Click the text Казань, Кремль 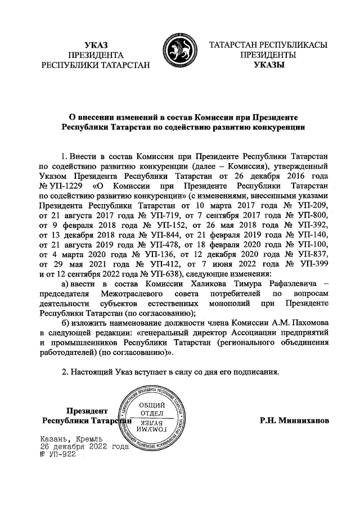71,439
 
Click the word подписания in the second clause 250,372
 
